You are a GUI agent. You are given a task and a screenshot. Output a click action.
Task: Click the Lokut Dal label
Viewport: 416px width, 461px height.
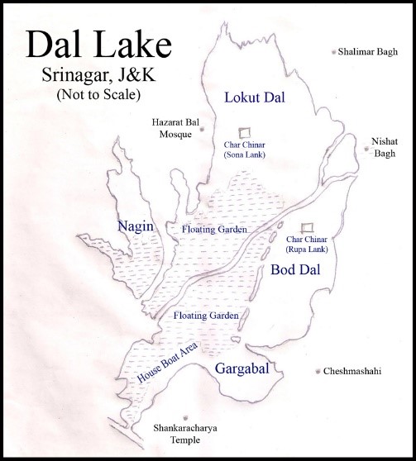click(x=255, y=98)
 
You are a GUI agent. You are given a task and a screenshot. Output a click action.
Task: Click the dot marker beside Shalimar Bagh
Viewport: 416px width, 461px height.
click(x=334, y=51)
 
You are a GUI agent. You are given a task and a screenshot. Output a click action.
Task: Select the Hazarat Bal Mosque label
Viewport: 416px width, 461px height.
click(x=171, y=127)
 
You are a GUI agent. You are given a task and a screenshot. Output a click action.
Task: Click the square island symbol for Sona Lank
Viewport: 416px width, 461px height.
click(x=244, y=132)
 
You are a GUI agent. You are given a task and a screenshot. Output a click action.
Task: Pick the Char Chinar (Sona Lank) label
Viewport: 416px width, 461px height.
click(x=244, y=150)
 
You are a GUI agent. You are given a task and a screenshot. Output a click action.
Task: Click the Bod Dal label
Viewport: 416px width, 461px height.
click(x=294, y=270)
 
